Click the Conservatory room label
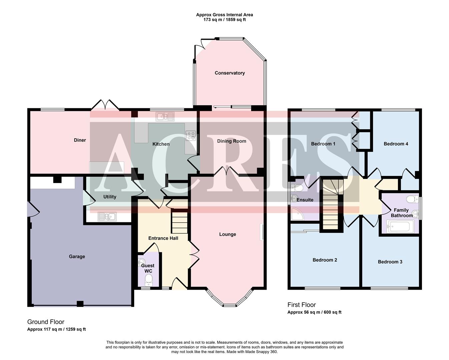click(230, 73)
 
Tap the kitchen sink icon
click(165, 117)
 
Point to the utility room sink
click(107, 217)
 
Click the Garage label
click(77, 256)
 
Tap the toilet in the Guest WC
click(148, 278)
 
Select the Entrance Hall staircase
click(179, 221)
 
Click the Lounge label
click(228, 234)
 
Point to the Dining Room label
click(232, 141)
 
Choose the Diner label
click(80, 140)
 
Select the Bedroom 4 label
click(396, 144)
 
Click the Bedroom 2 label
click(325, 260)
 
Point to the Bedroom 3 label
click(390, 262)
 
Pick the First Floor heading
click(302, 305)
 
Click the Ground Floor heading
click(46, 322)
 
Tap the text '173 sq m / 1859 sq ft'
click(224, 20)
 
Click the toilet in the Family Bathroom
click(412, 199)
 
